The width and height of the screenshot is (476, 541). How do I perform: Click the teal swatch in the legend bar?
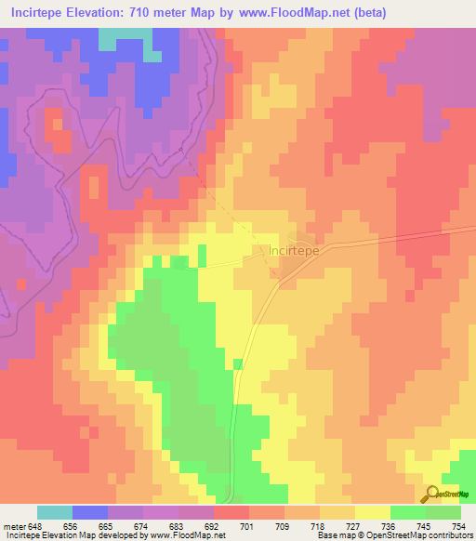55,512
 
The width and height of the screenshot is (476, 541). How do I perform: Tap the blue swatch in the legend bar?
90,512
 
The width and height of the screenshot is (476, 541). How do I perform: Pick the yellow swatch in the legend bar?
373,512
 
